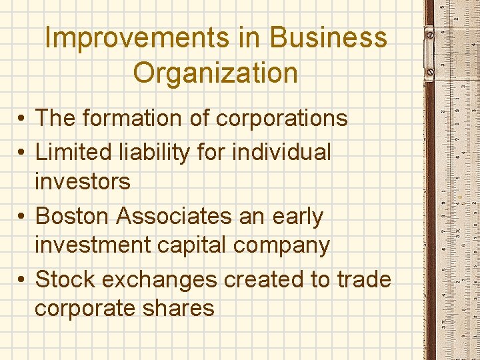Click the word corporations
point(282,118)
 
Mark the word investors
point(83,181)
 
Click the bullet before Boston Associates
point(22,217)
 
